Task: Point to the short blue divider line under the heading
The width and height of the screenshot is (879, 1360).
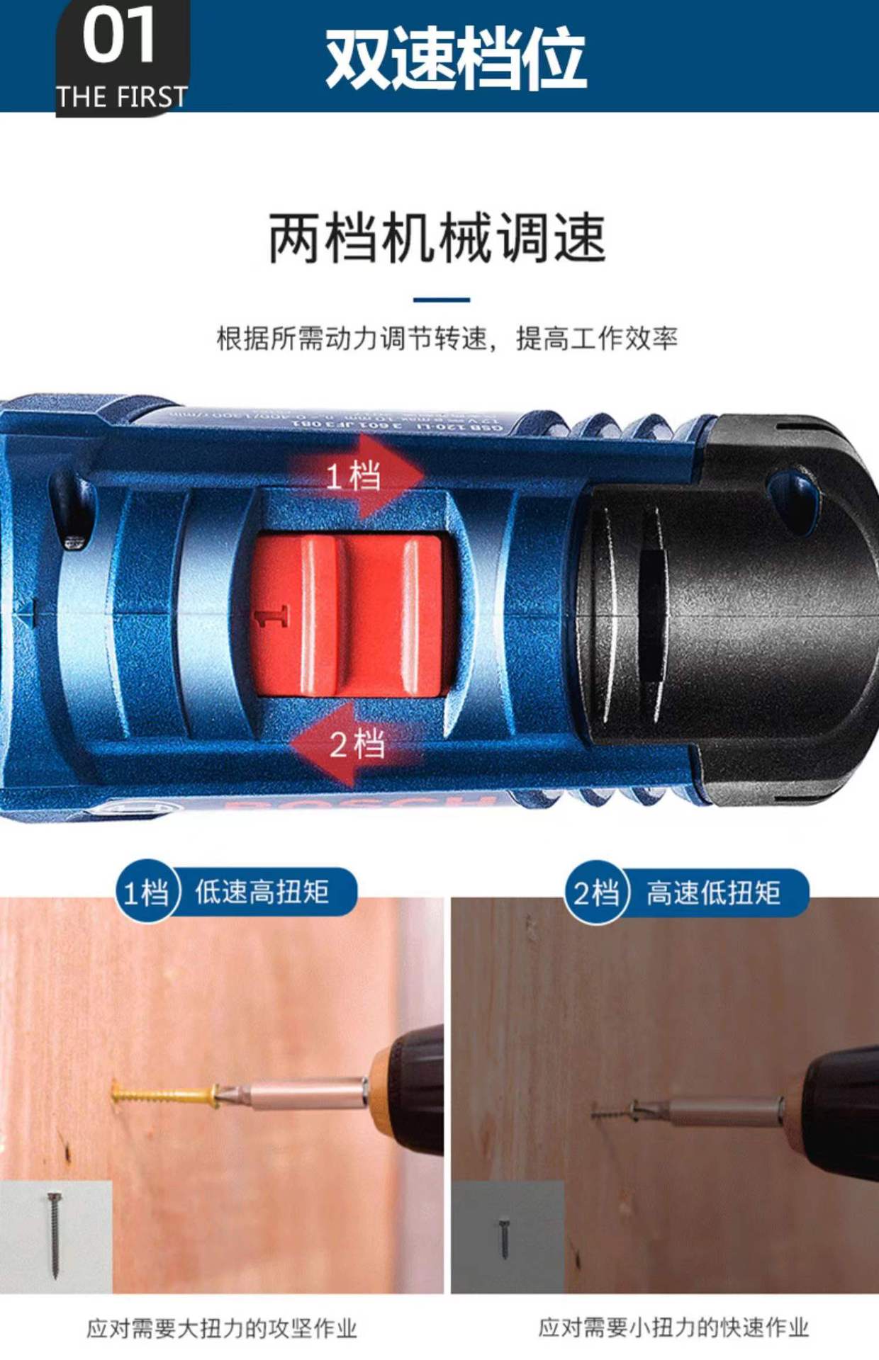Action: click(x=441, y=300)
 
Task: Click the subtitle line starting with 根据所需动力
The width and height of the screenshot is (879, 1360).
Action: click(x=447, y=339)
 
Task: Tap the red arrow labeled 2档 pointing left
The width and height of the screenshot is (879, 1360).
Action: click(x=354, y=744)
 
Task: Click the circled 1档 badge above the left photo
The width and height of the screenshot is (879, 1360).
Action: click(x=146, y=892)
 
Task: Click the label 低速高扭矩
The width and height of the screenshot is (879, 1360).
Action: click(x=262, y=892)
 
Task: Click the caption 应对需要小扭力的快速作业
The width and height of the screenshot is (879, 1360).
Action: click(x=673, y=1327)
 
